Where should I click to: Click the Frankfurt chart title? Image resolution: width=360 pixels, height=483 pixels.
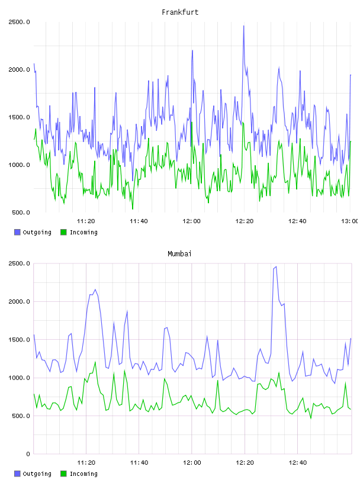pos(180,12)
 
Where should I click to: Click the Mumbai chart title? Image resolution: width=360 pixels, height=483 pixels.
pos(179,254)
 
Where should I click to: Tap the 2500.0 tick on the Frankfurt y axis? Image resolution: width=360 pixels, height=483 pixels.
pos(19,22)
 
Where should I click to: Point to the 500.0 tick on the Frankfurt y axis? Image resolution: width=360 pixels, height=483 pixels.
pos(21,212)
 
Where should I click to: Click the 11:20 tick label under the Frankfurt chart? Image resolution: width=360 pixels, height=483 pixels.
pos(86,221)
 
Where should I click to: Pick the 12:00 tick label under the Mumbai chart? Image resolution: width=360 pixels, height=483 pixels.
pos(192,463)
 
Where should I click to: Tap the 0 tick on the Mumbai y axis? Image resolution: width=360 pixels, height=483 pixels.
pos(28,454)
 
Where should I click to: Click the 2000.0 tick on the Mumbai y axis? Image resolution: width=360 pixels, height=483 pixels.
pos(19,301)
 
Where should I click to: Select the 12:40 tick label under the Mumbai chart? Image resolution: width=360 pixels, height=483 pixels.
pos(298,463)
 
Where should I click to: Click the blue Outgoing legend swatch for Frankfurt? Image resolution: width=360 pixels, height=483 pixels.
pos(17,232)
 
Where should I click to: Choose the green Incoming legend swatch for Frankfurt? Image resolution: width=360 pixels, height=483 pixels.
pos(63,232)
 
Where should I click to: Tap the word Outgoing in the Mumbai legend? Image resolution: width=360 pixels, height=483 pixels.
pos(37,474)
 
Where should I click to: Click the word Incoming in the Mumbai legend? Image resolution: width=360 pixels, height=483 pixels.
pos(83,474)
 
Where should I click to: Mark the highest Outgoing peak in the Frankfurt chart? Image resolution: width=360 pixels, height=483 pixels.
pos(243,26)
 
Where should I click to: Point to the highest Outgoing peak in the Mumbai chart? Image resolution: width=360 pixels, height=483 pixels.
pos(276,267)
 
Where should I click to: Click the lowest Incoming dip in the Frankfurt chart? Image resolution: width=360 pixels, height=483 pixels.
pos(133,209)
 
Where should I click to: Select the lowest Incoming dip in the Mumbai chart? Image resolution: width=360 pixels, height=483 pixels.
pos(311,418)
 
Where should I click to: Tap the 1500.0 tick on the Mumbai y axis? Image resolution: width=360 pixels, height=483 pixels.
pos(19,340)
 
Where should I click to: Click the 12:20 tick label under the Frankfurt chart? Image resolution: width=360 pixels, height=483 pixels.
pos(245,221)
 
